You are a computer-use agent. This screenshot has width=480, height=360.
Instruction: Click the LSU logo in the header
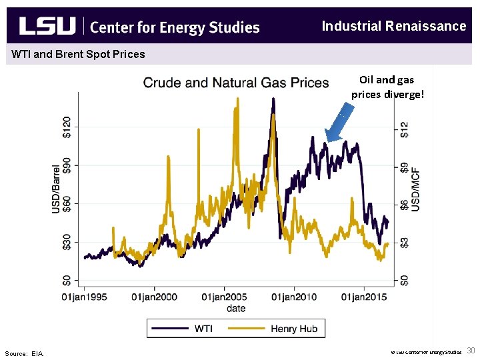click(47, 26)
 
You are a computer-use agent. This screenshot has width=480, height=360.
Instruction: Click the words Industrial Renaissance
click(393, 26)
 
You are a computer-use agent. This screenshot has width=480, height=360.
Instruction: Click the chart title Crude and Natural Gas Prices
click(236, 83)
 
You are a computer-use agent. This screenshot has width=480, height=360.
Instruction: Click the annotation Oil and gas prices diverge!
click(387, 87)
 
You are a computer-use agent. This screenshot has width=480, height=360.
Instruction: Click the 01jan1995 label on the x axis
click(85, 297)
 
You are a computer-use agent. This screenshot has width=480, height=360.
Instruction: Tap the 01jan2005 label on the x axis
click(224, 297)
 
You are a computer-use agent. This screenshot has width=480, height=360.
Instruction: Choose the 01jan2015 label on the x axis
click(364, 297)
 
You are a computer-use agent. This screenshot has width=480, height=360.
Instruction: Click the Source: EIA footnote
click(24, 353)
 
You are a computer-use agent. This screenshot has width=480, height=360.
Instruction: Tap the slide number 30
click(471, 351)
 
